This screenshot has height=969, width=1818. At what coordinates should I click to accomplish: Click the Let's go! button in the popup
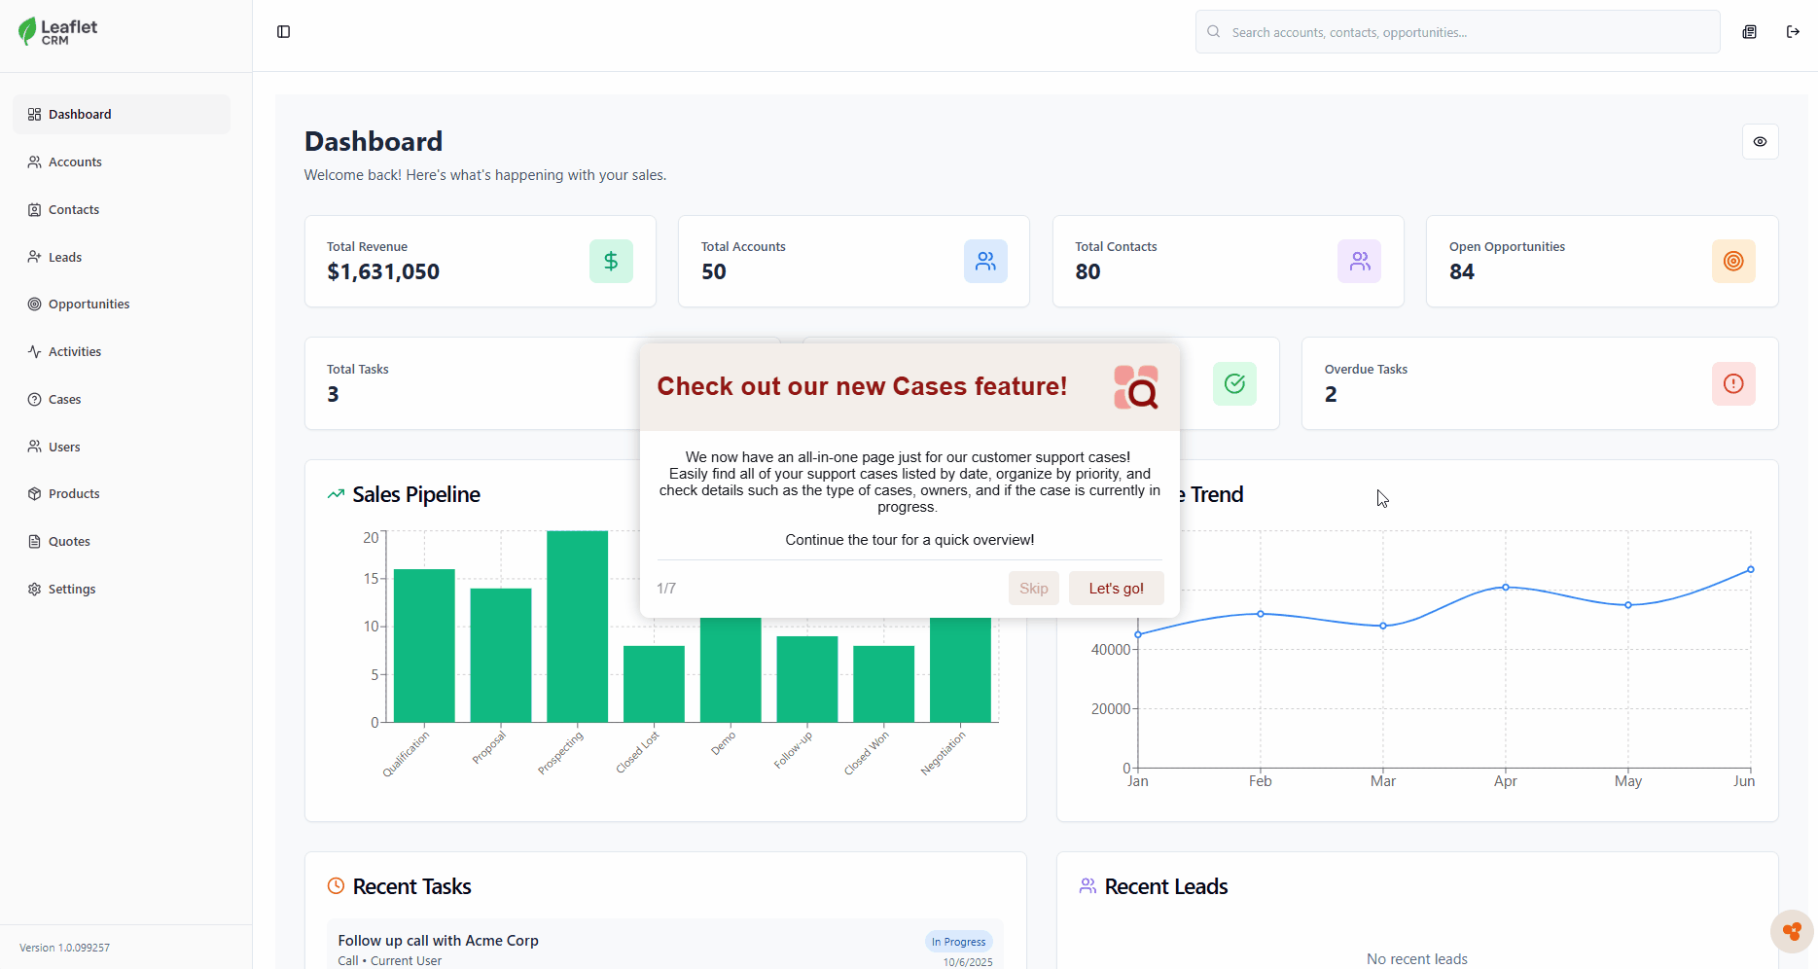click(1116, 589)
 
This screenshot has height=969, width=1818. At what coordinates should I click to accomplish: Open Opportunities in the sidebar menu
click(89, 305)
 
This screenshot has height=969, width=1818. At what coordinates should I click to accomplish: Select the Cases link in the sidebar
click(64, 400)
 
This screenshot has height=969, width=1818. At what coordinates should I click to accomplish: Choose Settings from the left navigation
click(71, 590)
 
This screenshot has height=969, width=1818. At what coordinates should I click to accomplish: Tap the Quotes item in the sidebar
click(69, 542)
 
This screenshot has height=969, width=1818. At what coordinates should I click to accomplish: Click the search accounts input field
click(1459, 32)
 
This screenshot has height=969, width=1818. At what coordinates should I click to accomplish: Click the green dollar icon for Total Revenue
click(611, 262)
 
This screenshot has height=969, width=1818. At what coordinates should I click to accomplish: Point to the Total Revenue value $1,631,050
click(383, 272)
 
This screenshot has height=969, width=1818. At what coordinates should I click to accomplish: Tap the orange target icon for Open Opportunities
click(1733, 262)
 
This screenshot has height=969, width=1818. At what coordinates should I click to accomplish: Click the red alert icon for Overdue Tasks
click(1733, 384)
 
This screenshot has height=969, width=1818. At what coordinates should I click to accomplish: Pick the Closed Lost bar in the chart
click(654, 683)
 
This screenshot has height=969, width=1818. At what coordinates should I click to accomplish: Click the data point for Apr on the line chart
click(1506, 588)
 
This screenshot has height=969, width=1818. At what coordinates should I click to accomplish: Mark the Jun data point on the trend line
click(1751, 570)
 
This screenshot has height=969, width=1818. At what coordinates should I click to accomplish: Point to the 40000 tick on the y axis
click(1111, 650)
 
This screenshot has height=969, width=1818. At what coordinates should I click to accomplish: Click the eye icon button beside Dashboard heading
click(1760, 142)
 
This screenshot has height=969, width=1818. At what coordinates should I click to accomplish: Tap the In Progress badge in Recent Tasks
click(958, 942)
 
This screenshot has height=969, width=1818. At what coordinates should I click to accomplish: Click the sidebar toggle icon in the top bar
click(284, 32)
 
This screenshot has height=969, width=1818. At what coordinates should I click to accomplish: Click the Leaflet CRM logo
click(58, 32)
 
